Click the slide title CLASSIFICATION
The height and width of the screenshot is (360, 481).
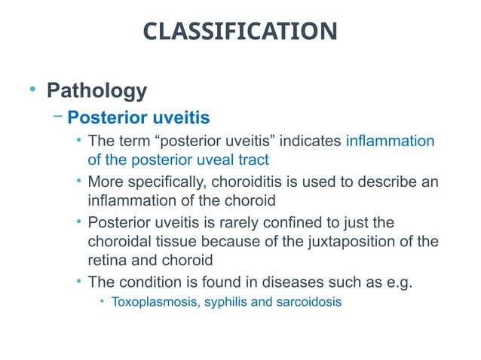(240, 32)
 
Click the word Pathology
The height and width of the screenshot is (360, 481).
(97, 91)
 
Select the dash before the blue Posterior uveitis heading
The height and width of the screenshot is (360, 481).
(58, 117)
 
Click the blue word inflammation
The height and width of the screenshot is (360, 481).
(390, 141)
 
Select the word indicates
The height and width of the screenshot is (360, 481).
(311, 141)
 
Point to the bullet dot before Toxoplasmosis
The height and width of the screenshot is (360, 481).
(101, 302)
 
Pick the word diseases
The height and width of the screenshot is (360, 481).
(278, 282)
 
